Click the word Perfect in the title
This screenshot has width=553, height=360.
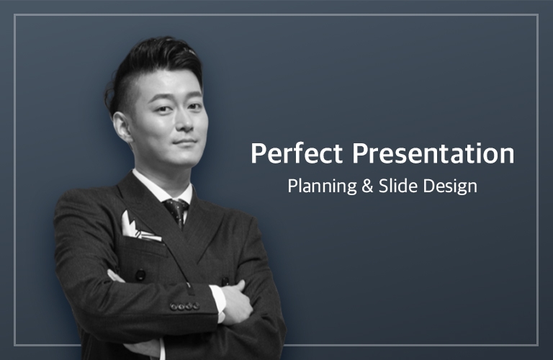(x=297, y=153)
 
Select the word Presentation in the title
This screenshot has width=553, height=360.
(x=433, y=153)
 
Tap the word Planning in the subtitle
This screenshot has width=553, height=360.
(x=322, y=186)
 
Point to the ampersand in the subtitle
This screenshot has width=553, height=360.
(x=367, y=186)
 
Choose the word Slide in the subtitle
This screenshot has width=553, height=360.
(x=397, y=186)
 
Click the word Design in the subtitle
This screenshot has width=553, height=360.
(x=450, y=186)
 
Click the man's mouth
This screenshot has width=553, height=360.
(x=184, y=143)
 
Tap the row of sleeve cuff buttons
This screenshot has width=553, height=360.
(x=184, y=306)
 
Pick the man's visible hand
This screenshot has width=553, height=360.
(x=237, y=302)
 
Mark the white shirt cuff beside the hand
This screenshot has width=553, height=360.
(x=219, y=303)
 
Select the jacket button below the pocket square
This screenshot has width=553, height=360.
(x=140, y=274)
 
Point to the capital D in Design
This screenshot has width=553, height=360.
(x=428, y=186)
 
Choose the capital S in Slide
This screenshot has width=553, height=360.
(x=383, y=186)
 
